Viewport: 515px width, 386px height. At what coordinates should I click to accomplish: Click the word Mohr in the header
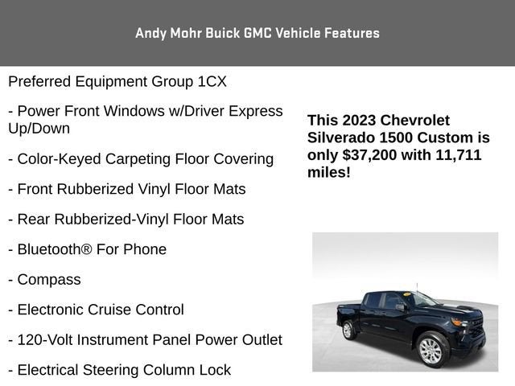[186, 33]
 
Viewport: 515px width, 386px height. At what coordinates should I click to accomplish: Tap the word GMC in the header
[257, 33]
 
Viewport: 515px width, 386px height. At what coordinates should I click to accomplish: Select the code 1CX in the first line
[212, 81]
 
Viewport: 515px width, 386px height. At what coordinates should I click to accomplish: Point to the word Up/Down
[39, 129]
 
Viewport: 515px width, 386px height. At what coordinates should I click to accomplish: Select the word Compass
[49, 280]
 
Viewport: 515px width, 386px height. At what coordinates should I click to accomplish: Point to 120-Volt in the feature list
[45, 340]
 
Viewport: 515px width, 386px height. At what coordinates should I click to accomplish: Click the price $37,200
[369, 155]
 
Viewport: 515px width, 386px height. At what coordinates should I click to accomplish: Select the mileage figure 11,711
[459, 155]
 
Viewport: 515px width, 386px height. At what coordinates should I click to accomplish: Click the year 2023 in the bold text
[359, 120]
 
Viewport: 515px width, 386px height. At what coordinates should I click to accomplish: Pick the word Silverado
[341, 138]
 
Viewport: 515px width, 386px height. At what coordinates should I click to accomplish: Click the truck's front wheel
[431, 350]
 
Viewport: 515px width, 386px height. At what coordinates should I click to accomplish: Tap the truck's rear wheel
[348, 330]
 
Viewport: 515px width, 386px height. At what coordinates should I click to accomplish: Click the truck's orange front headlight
[459, 322]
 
